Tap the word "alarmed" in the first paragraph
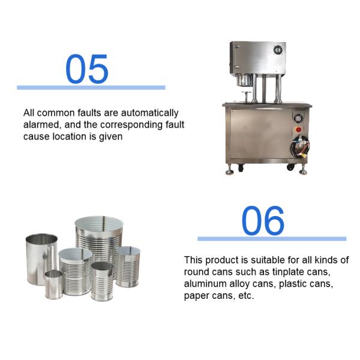(41, 125)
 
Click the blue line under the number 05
(91, 88)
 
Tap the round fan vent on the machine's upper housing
(278, 50)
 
